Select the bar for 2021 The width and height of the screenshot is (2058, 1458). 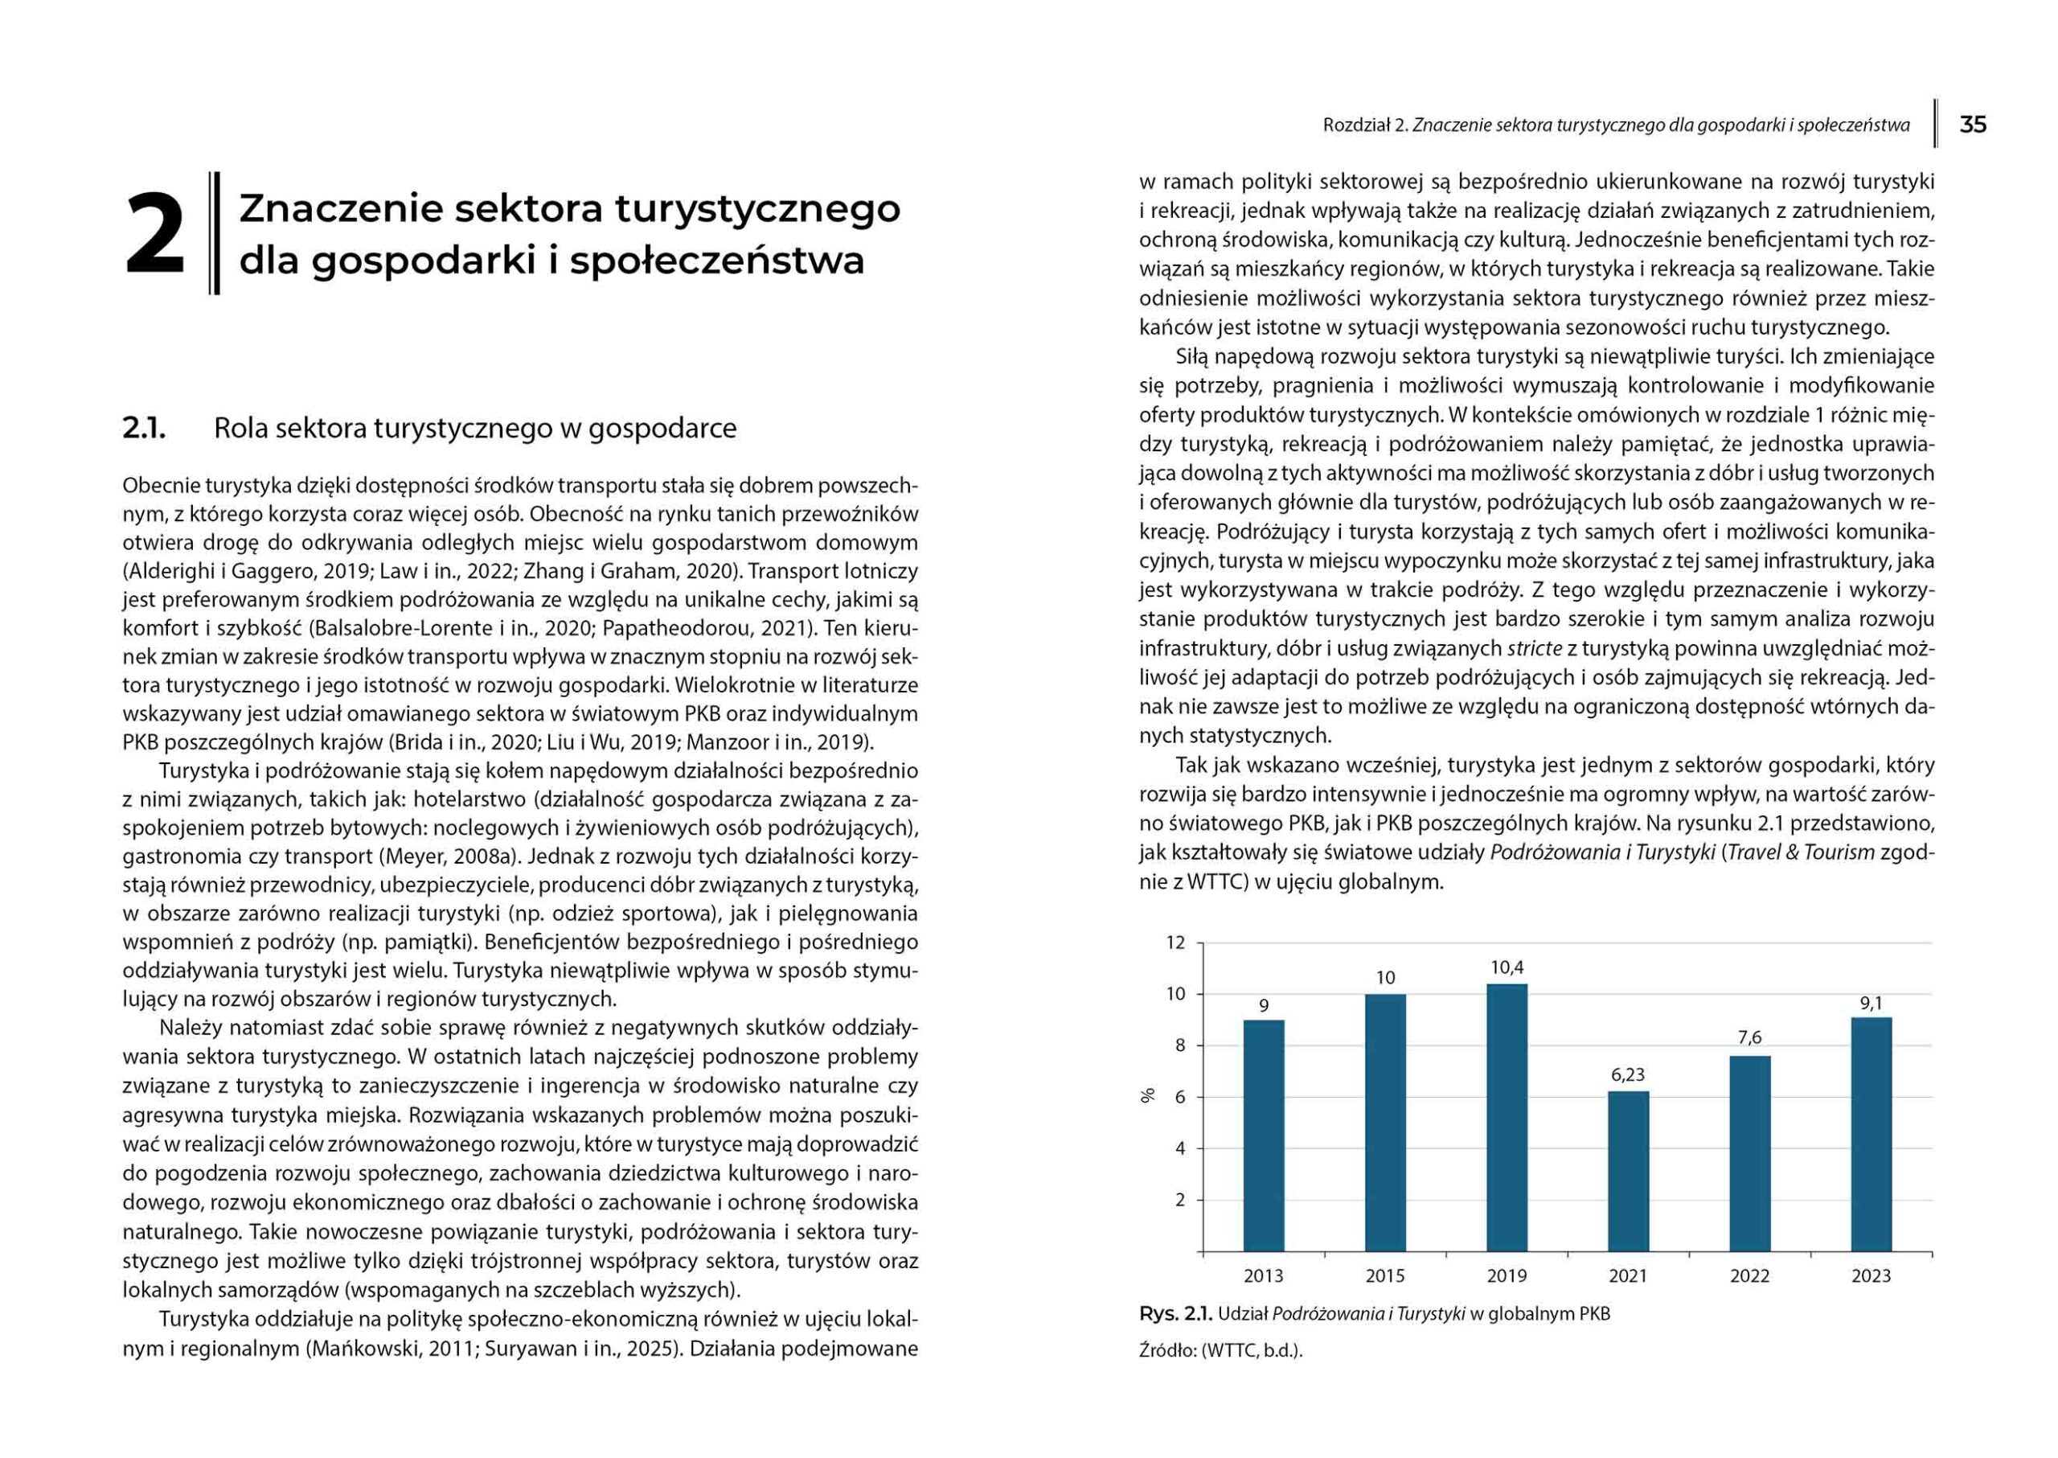coord(1628,1171)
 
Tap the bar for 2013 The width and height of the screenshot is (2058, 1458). coord(1263,1135)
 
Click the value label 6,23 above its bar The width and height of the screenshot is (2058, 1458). coord(1628,1074)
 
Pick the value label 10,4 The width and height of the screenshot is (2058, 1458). coord(1507,967)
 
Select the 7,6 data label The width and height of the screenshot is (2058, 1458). coord(1749,1038)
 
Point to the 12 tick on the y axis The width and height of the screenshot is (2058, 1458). coord(1175,943)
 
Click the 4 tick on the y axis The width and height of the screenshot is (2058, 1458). coord(1179,1148)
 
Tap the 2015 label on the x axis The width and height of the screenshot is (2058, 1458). coord(1385,1275)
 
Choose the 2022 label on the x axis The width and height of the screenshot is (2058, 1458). coord(1749,1275)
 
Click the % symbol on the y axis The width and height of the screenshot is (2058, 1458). coord(1147,1095)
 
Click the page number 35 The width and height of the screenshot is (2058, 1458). coord(1973,125)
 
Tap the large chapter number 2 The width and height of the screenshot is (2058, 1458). coord(154,234)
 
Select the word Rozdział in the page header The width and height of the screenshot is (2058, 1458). coord(1356,125)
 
